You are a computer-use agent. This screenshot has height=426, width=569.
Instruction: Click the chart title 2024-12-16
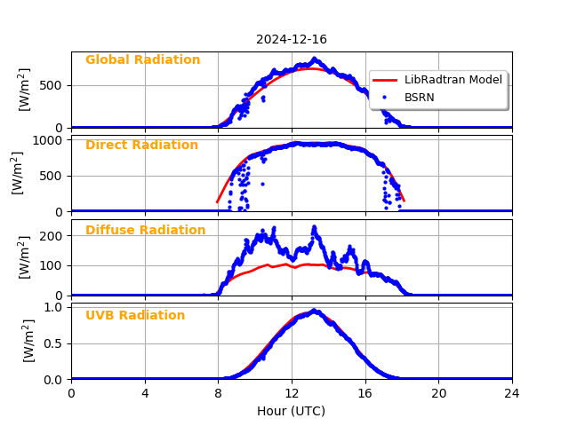click(291, 39)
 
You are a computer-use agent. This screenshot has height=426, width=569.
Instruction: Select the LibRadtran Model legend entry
click(453, 80)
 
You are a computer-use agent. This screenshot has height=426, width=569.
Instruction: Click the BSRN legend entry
click(419, 97)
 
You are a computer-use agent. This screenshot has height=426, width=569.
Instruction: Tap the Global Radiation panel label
click(142, 60)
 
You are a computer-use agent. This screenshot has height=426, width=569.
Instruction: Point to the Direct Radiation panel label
click(141, 146)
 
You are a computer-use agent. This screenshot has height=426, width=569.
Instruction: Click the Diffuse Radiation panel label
click(145, 231)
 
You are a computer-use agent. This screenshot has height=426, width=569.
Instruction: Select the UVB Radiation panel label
click(135, 316)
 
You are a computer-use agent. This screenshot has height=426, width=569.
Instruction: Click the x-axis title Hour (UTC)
click(291, 411)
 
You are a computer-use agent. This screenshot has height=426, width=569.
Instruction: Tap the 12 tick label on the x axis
click(291, 393)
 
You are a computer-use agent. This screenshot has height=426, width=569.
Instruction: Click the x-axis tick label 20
click(438, 393)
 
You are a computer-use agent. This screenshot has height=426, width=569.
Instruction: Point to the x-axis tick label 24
click(511, 393)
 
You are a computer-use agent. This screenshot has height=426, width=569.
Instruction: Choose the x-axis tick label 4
click(145, 393)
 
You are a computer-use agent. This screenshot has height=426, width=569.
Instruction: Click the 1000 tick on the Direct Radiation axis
click(46, 140)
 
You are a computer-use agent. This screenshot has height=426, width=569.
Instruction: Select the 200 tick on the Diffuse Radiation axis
click(50, 236)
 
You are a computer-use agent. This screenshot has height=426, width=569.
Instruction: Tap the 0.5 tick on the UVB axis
click(52, 343)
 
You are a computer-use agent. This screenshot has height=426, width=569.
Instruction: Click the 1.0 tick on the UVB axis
click(52, 308)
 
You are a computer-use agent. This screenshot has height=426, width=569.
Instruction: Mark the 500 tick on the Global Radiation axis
click(50, 86)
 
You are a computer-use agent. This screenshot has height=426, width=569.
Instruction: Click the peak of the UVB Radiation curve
click(313, 311)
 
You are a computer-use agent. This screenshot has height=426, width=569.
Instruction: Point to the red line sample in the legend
click(384, 80)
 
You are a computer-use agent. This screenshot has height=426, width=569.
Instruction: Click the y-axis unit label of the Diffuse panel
click(25, 257)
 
